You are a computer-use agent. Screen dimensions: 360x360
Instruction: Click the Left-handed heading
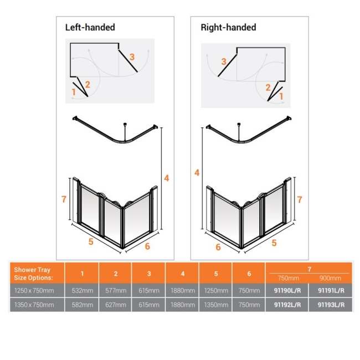[x=90, y=27]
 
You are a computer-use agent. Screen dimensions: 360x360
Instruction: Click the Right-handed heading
[x=228, y=27]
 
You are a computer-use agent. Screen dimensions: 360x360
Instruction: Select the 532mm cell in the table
[x=82, y=290]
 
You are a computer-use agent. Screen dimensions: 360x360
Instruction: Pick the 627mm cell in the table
[x=116, y=305]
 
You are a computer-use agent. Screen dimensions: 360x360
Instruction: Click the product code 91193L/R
[x=331, y=305]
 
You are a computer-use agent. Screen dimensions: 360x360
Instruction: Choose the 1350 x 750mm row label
[x=34, y=305]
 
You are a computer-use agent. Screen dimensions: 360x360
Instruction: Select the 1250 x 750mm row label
[x=34, y=290]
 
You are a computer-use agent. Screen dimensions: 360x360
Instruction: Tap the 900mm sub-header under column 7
[x=331, y=278]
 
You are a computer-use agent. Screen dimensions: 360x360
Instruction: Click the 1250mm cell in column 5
[x=216, y=290]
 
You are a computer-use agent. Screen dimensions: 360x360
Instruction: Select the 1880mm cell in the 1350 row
[x=183, y=305]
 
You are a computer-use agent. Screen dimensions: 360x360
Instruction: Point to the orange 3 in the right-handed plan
[x=224, y=61]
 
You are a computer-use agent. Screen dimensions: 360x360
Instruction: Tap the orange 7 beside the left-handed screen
[x=64, y=199]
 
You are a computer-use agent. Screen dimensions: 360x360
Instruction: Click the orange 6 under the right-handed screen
[x=218, y=247]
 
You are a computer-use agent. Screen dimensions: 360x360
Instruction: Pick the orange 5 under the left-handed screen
[x=90, y=241]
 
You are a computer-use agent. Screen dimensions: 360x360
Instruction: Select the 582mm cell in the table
[x=82, y=305]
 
